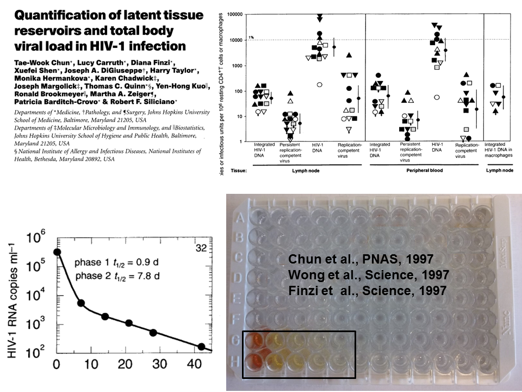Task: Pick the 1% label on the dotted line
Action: [x=251, y=38]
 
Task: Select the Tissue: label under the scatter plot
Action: [x=238, y=170]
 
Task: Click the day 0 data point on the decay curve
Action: [x=57, y=252]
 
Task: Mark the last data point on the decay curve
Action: [x=202, y=346]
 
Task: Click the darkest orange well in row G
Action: [x=253, y=341]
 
